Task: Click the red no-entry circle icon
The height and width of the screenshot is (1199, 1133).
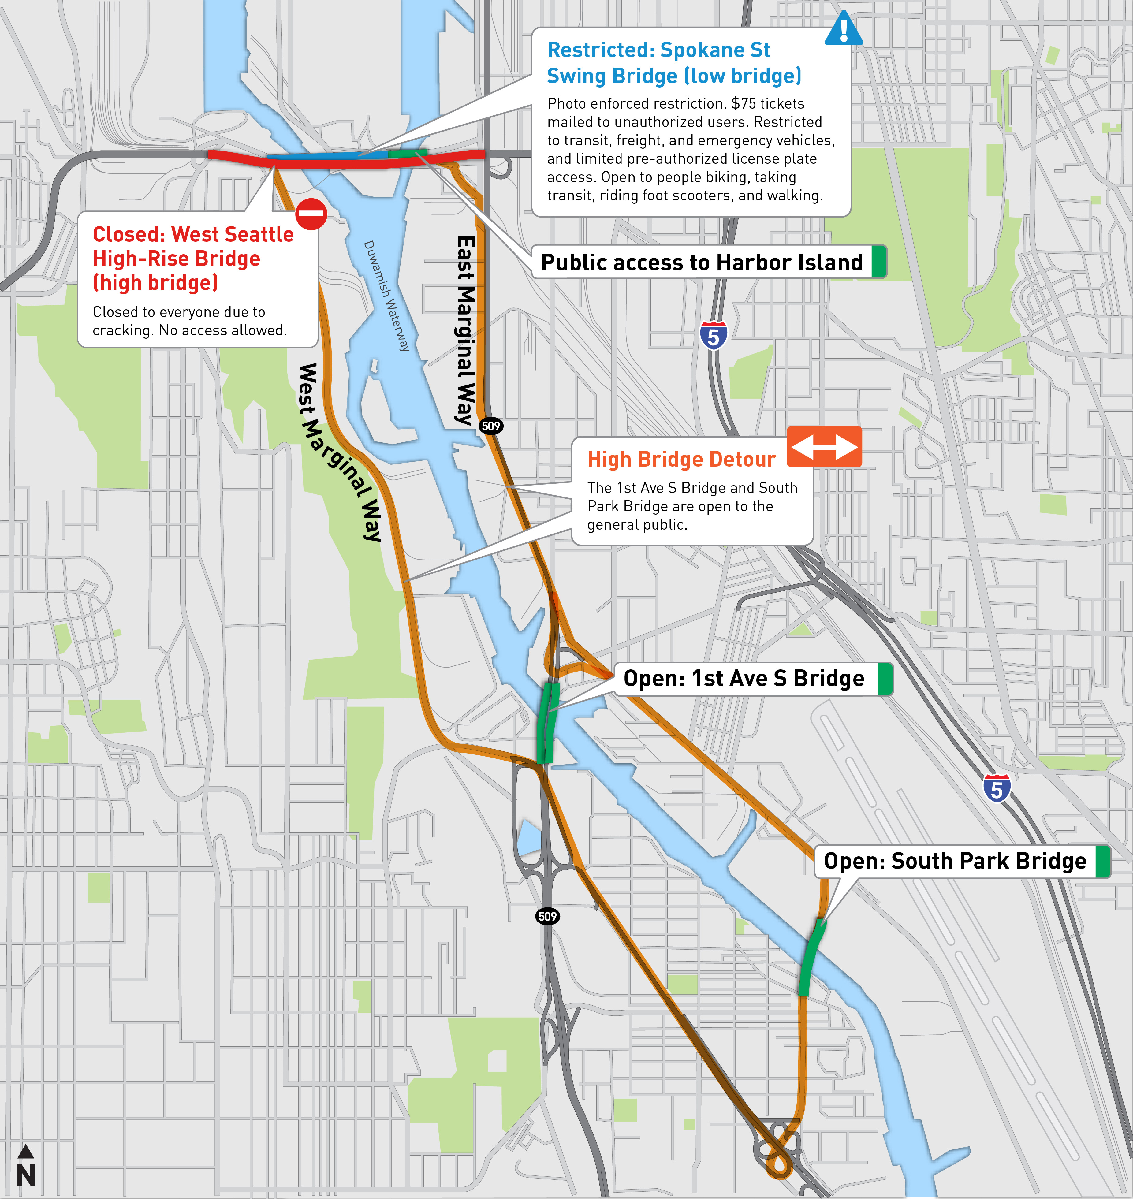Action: pyautogui.click(x=311, y=214)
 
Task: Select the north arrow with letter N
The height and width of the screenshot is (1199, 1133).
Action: pyautogui.click(x=25, y=1166)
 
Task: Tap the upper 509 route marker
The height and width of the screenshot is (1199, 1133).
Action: pyautogui.click(x=491, y=426)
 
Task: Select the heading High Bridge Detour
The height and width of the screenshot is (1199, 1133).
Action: pyautogui.click(x=681, y=460)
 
